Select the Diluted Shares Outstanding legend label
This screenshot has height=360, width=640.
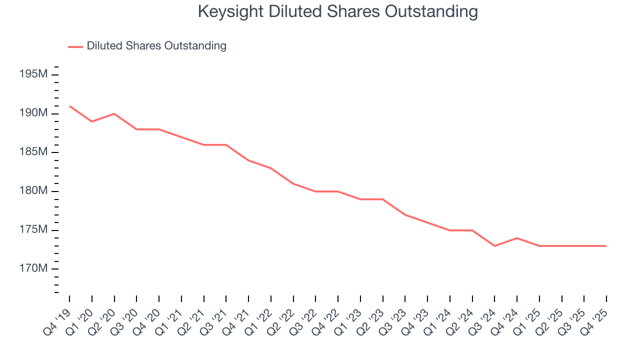[x=156, y=46]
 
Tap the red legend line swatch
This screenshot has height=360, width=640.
[x=75, y=46]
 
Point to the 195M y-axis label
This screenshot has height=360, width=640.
[x=33, y=74]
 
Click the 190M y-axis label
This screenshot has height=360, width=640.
[x=33, y=113]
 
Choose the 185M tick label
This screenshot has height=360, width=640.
[x=33, y=152]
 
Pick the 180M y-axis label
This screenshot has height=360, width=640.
[x=33, y=191]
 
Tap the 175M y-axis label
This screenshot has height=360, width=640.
[x=33, y=230]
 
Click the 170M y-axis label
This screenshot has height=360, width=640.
[x=33, y=269]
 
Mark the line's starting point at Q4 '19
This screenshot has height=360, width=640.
[x=69, y=106]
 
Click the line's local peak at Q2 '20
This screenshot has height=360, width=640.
[x=114, y=113]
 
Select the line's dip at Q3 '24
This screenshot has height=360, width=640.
[x=494, y=246]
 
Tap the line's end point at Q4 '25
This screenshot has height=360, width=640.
[x=606, y=246]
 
